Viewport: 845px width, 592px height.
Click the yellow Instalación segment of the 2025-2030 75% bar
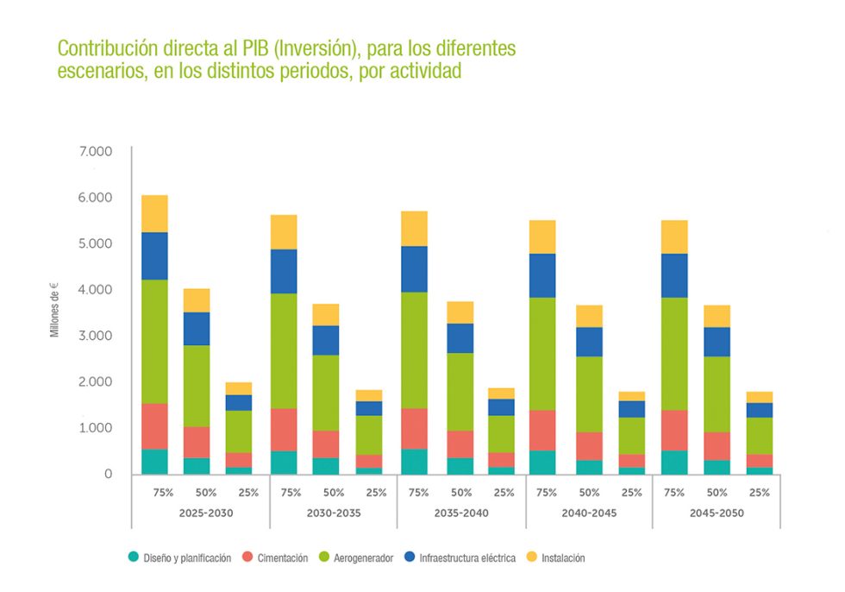(x=154, y=213)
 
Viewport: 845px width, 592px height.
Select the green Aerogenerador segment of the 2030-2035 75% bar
(x=283, y=350)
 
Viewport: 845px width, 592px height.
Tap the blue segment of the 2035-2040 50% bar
(x=460, y=337)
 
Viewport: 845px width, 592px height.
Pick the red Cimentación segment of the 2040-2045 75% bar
(x=542, y=430)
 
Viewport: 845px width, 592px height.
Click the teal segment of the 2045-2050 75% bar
(x=673, y=462)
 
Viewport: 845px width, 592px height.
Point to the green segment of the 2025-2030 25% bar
(x=239, y=431)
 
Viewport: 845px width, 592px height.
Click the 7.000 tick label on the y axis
(x=96, y=152)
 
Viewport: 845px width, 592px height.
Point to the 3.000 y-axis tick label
(x=96, y=336)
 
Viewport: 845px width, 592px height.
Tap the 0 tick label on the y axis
(x=108, y=474)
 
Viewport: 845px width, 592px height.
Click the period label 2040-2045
(x=590, y=513)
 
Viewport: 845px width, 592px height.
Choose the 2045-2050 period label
(x=717, y=513)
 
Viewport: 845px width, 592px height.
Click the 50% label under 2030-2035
(x=333, y=493)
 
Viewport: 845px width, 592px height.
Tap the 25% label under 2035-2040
(x=504, y=493)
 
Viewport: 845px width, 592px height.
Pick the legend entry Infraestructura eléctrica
(x=466, y=558)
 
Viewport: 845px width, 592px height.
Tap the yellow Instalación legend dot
(x=532, y=558)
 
